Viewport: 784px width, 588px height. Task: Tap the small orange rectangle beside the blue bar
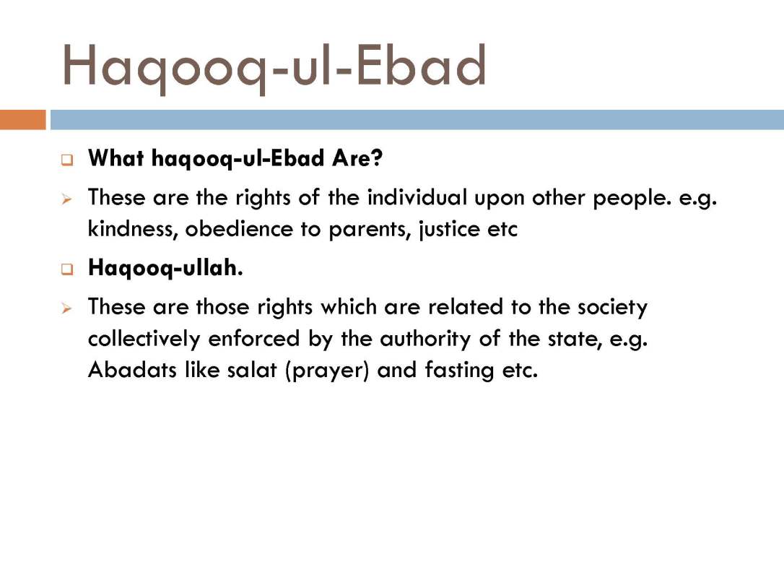pos(22,120)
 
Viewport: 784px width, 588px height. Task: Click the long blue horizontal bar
pos(417,120)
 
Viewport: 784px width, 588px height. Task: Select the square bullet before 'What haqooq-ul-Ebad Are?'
pos(67,160)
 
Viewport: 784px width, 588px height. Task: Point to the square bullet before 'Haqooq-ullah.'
pos(67,269)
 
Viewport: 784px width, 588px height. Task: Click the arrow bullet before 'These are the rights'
pos(67,199)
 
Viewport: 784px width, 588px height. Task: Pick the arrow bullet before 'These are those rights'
pos(67,308)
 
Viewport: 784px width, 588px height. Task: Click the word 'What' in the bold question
pos(116,158)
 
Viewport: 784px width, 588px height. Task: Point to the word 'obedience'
pos(239,229)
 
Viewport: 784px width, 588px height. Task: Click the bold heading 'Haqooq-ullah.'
pos(165,268)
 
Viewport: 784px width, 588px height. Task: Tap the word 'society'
pos(612,307)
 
